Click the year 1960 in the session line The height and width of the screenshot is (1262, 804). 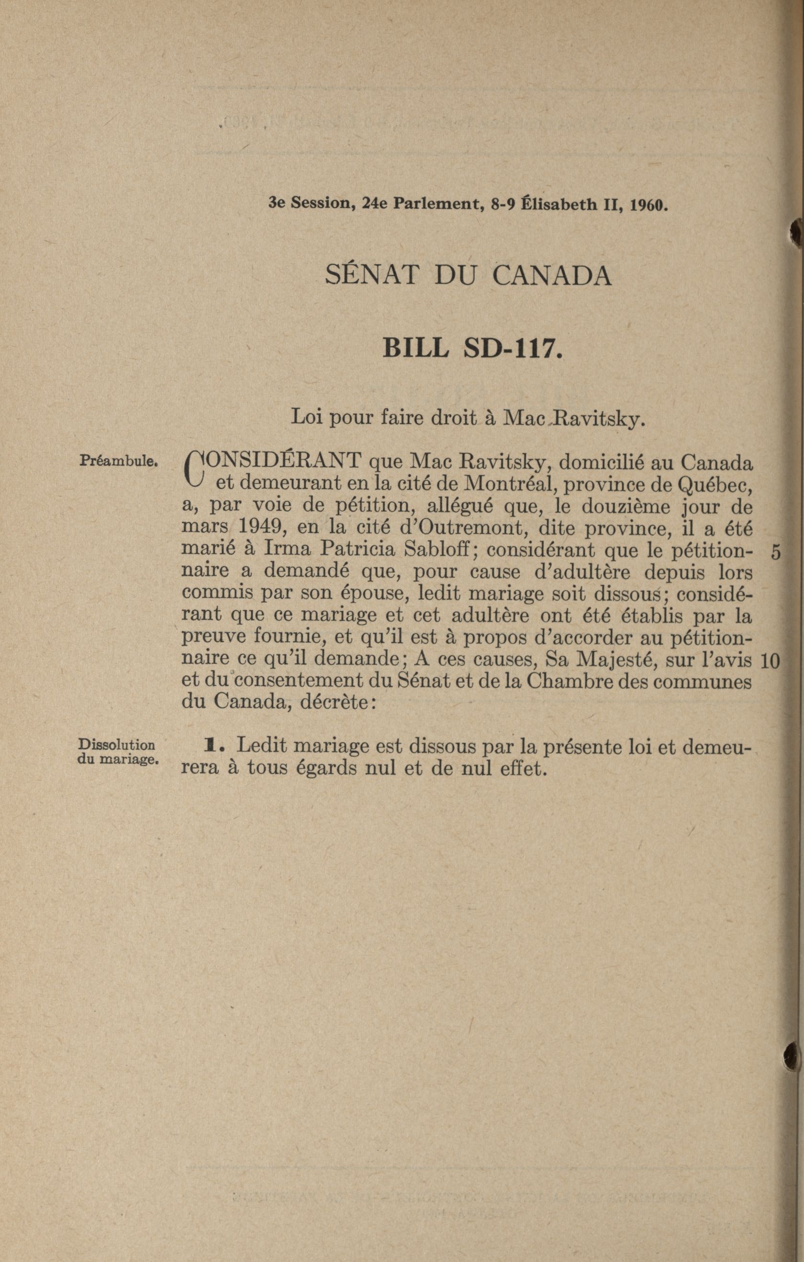coord(648,204)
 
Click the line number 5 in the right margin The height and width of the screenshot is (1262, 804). coord(776,552)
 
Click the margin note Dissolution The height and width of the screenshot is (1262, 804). coord(116,745)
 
